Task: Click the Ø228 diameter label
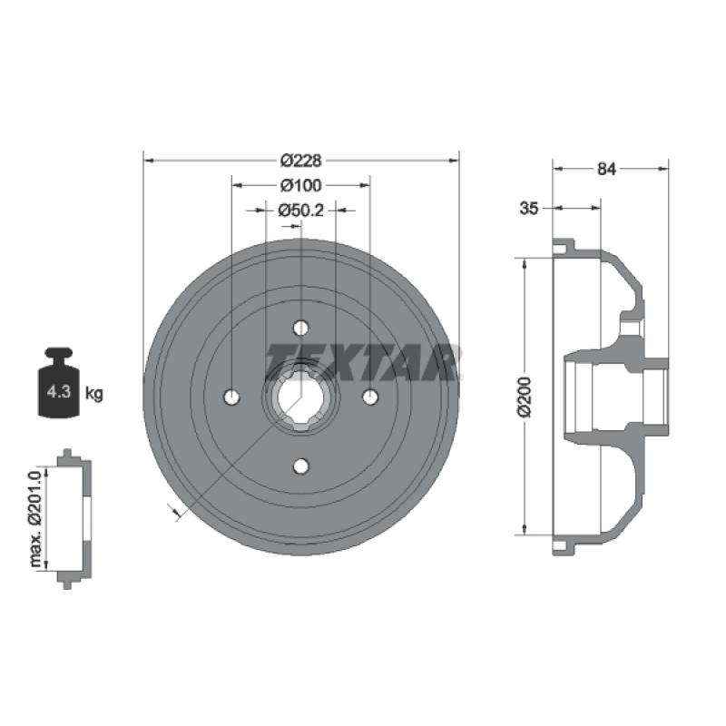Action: coord(301,161)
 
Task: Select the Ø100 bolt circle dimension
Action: coord(301,185)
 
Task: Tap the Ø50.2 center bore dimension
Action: coord(301,211)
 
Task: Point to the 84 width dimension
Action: coord(606,169)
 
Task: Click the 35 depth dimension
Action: coord(529,209)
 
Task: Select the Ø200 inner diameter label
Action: coord(525,397)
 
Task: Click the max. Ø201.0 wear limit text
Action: coord(36,517)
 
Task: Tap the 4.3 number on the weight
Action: coord(59,392)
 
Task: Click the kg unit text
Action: coord(94,394)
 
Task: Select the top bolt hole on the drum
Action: coord(301,328)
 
